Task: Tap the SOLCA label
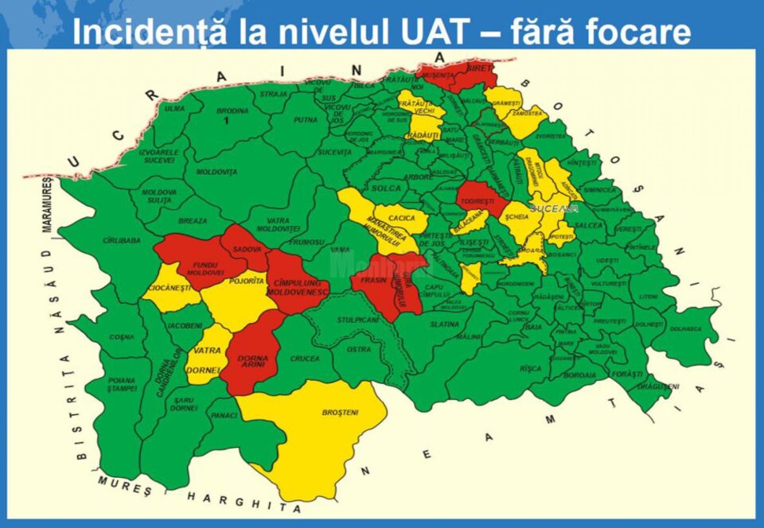(x=386, y=188)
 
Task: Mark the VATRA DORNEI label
(x=207, y=359)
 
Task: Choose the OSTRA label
(x=360, y=349)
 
